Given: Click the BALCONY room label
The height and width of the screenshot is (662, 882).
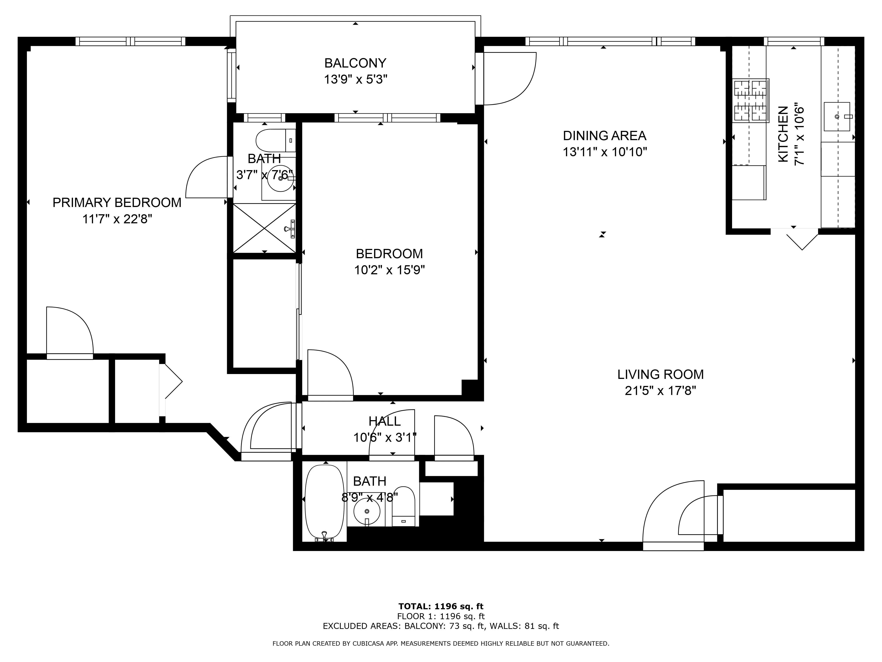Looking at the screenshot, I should point(355,63).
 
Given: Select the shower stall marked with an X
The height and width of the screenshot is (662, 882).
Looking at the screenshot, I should point(264,228).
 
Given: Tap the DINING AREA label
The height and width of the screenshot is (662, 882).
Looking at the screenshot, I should point(604,136).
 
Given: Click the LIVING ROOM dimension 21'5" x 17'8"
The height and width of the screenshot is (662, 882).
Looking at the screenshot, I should point(660,391).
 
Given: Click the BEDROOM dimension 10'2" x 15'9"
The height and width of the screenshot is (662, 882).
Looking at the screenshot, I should point(389,270).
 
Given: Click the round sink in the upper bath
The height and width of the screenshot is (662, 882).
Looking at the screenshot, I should point(280,178).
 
